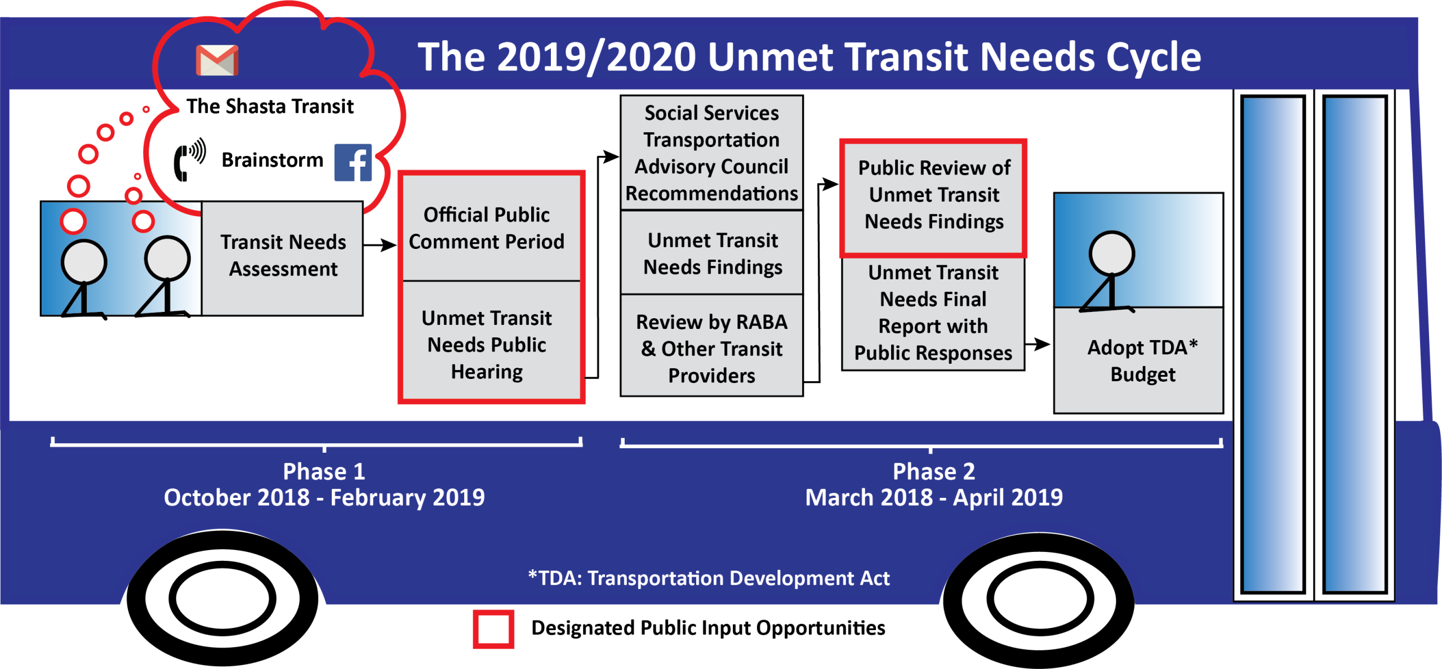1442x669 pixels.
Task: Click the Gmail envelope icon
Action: (217, 60)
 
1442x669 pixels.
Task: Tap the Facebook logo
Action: (353, 162)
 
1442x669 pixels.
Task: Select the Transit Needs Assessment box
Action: (282, 258)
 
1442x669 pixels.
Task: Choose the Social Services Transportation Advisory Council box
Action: (711, 153)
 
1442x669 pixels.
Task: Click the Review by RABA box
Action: (711, 345)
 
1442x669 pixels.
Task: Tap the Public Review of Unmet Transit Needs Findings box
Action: (933, 198)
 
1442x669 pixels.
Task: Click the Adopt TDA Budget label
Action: (1142, 360)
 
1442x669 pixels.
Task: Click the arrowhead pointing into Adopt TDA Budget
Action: (1043, 344)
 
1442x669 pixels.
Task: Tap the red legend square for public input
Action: (493, 629)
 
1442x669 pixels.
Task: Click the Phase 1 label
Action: (324, 471)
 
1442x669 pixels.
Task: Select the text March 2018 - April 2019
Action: (934, 498)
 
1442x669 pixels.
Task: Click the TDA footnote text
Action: (709, 578)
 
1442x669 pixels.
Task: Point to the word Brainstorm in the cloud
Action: (273, 160)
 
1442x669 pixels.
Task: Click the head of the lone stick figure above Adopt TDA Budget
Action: (1111, 253)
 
